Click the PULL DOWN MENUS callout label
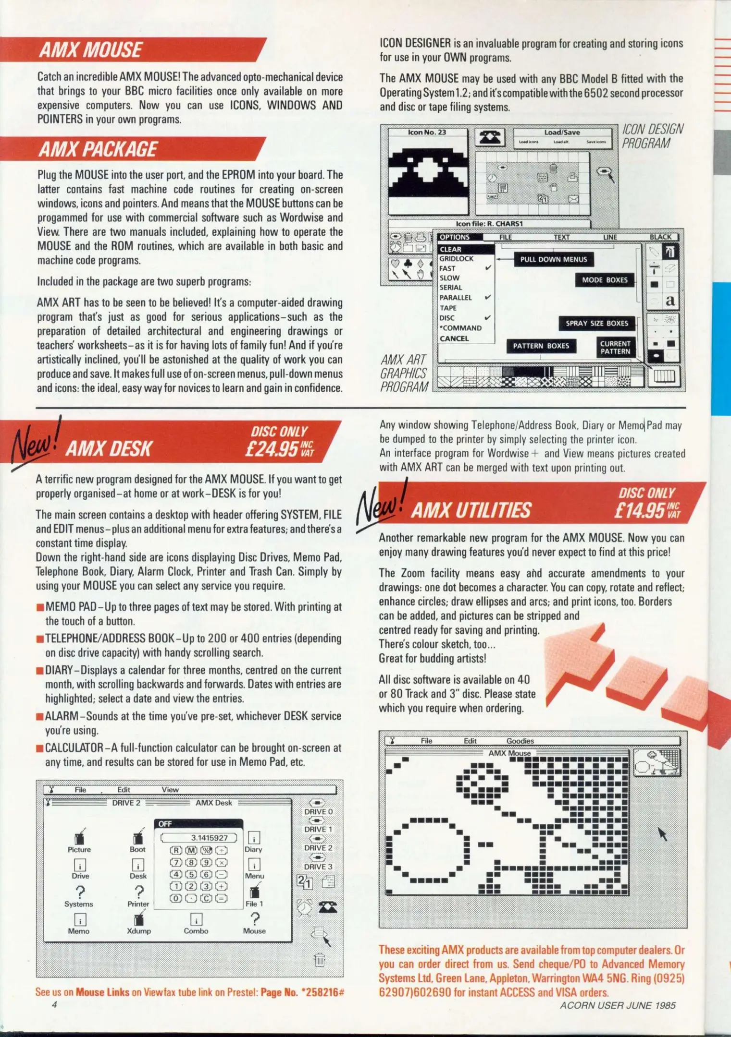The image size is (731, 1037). click(554, 260)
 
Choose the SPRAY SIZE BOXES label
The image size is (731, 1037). click(596, 324)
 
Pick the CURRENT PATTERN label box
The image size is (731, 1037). click(615, 348)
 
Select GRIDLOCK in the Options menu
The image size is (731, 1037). click(457, 259)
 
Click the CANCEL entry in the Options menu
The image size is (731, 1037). click(454, 338)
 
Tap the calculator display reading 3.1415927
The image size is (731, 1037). click(199, 838)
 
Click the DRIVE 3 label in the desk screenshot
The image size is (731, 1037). click(318, 867)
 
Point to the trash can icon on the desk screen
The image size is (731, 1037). click(320, 960)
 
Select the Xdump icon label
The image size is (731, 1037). click(139, 931)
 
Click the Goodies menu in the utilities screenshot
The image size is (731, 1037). click(520, 741)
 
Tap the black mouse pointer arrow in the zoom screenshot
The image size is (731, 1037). click(662, 834)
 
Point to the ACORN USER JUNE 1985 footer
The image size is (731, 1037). click(618, 1005)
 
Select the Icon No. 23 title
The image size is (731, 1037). click(427, 133)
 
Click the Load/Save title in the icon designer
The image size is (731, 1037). click(562, 133)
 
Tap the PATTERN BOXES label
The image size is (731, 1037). click(541, 346)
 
